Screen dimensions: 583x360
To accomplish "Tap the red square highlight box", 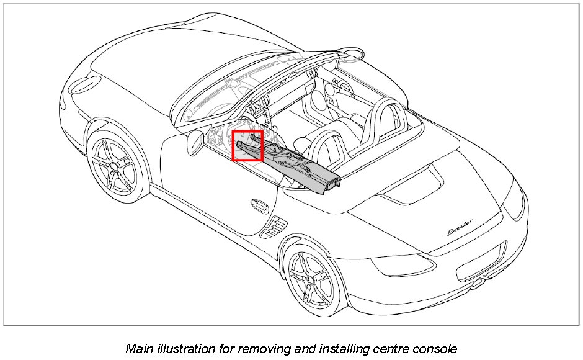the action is (247, 146).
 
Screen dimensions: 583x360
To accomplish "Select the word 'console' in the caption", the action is (434, 348).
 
